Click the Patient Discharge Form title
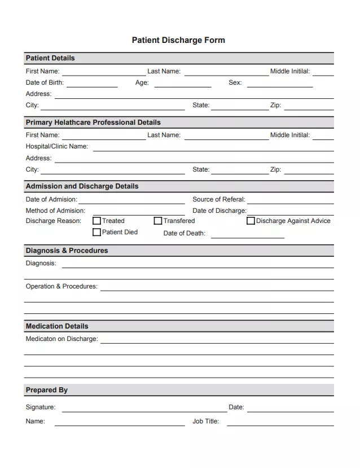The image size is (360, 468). [178, 40]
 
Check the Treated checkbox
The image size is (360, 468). [96, 221]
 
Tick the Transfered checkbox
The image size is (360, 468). [158, 221]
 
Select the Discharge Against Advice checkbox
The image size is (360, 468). [251, 221]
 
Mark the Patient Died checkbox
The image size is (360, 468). [96, 232]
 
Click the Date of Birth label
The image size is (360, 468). [45, 82]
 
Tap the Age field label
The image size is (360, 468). [142, 82]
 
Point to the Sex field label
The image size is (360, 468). [235, 82]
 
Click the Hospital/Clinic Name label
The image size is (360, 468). [56, 146]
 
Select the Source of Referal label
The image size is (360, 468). [219, 199]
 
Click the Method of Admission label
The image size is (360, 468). [55, 211]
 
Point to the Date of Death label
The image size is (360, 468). [184, 233]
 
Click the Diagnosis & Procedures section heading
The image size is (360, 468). [67, 251]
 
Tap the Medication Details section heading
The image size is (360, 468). [57, 326]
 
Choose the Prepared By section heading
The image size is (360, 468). [46, 390]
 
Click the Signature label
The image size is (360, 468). [41, 407]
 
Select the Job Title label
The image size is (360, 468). [205, 421]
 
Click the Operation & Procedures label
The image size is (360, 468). [62, 286]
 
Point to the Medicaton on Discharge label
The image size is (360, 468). [62, 339]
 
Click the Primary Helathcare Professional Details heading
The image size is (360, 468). [93, 123]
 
